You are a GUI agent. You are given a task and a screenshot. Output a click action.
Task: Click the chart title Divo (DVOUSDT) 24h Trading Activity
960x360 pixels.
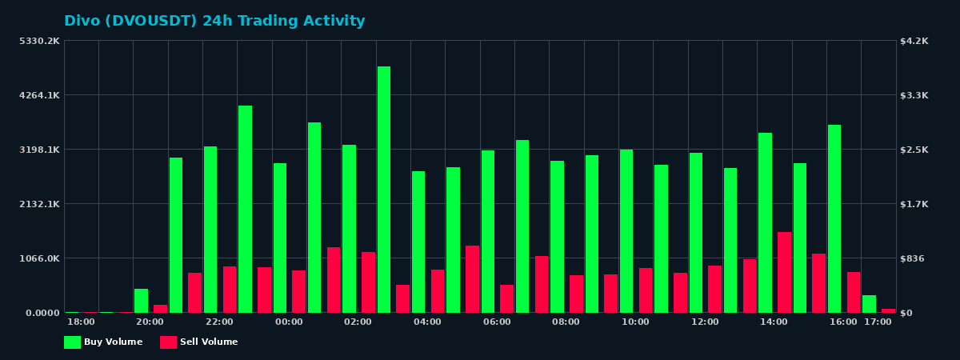pos(214,22)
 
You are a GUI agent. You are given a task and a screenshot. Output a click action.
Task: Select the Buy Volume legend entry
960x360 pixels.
pos(103,342)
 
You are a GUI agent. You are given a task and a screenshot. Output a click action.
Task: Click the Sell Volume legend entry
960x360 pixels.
pos(199,342)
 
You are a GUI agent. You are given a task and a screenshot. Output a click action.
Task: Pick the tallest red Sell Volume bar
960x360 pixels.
pos(784,272)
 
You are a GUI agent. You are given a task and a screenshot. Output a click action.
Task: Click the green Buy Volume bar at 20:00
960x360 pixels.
pos(141,301)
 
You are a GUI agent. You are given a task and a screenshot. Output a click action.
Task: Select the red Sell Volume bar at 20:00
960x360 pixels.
pos(160,309)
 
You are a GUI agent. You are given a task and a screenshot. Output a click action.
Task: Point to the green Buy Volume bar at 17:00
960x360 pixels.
pos(869,304)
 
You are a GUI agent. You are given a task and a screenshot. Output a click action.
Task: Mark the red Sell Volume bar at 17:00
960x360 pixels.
pos(888,310)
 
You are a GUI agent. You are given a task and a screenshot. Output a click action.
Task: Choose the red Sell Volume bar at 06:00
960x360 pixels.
pos(506,298)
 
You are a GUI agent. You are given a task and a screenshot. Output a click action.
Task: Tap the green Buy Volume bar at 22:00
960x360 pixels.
pos(210,230)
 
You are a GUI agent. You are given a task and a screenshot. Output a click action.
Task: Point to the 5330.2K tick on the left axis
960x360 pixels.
pos(39,41)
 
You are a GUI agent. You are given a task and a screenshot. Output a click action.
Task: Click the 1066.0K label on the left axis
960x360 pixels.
pos(39,258)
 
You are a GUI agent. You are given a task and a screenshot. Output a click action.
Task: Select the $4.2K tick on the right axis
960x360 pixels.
pos(914,41)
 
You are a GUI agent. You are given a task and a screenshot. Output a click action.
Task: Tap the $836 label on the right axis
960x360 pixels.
pos(913,258)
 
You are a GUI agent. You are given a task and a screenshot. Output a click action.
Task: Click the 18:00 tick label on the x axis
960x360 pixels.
pos(81,322)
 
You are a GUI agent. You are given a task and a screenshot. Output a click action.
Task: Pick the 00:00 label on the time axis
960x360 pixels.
pos(289,322)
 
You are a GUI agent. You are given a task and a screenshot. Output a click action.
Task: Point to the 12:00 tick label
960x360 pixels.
pos(705,322)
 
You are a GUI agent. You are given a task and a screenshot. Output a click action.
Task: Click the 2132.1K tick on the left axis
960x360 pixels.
pos(39,204)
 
